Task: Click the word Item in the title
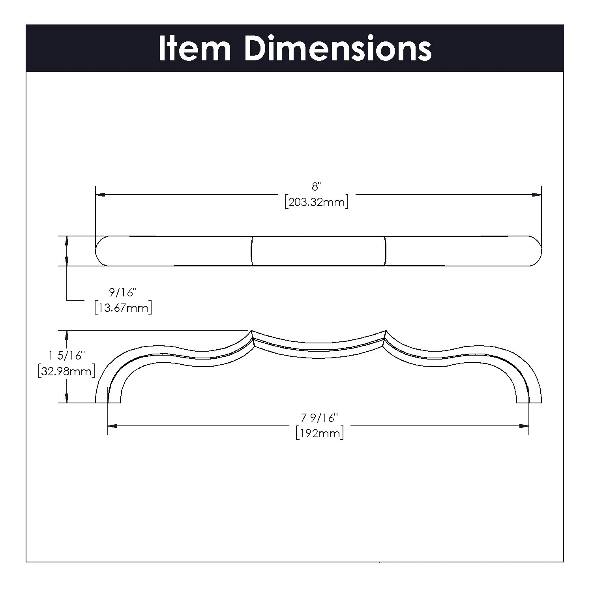(195, 49)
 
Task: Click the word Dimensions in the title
(338, 49)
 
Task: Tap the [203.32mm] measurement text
(316, 202)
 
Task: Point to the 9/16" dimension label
(123, 293)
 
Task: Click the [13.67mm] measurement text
(123, 307)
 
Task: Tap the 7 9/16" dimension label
(320, 418)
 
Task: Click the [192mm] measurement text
(320, 433)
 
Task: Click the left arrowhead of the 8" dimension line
(100, 195)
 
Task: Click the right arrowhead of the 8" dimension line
(536, 195)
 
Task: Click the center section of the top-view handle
(318, 251)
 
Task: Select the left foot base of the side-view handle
(108, 401)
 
